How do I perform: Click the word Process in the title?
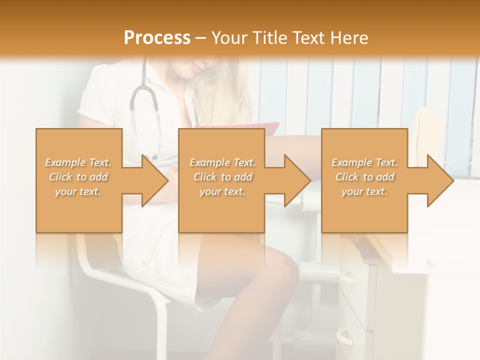[157, 37]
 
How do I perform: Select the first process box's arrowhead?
[154, 180]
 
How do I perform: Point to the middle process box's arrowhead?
[297, 180]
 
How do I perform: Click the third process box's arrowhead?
[440, 180]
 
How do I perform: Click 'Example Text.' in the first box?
[78, 162]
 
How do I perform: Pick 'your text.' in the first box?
[78, 191]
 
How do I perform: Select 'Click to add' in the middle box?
[222, 177]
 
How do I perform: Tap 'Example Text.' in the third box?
[364, 162]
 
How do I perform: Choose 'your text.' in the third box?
[364, 191]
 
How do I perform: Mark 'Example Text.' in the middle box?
[222, 162]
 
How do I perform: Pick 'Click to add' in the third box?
[364, 177]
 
